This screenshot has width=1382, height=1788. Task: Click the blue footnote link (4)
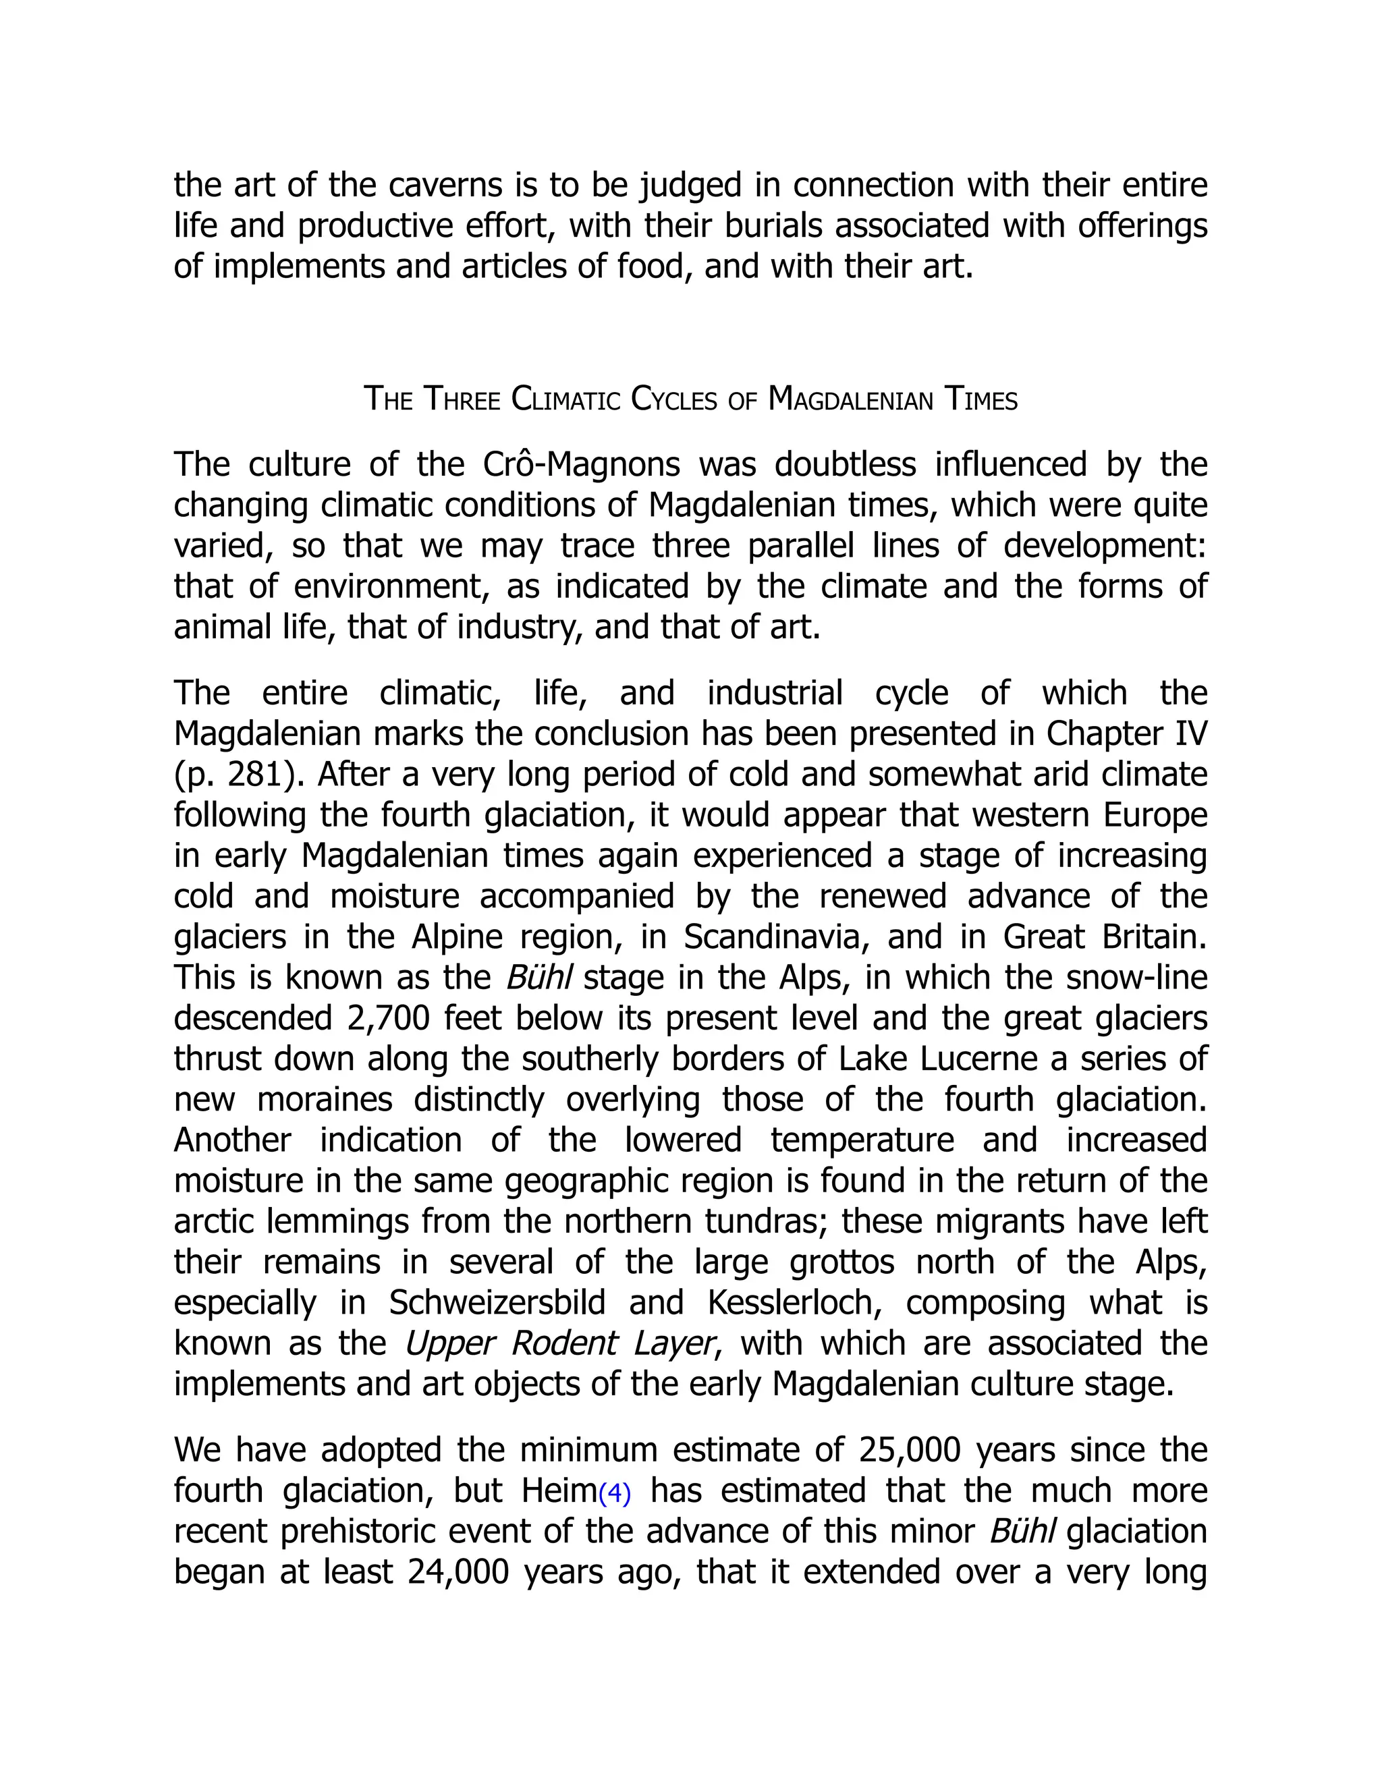(x=615, y=1494)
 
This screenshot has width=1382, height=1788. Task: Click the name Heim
(x=558, y=1491)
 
